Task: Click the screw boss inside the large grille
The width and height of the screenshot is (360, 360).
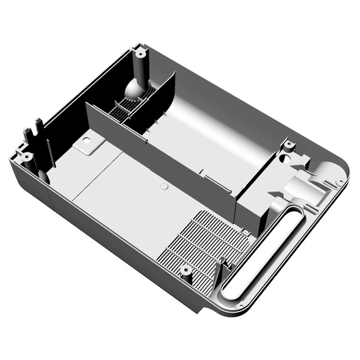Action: [x=186, y=271]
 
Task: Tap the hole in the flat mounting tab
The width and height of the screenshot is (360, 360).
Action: [x=87, y=139]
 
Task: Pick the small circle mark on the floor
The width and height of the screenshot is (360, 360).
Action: [x=164, y=186]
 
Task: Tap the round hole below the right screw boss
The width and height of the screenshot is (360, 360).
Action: [x=286, y=159]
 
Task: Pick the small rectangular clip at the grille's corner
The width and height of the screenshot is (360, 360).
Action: [x=245, y=231]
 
